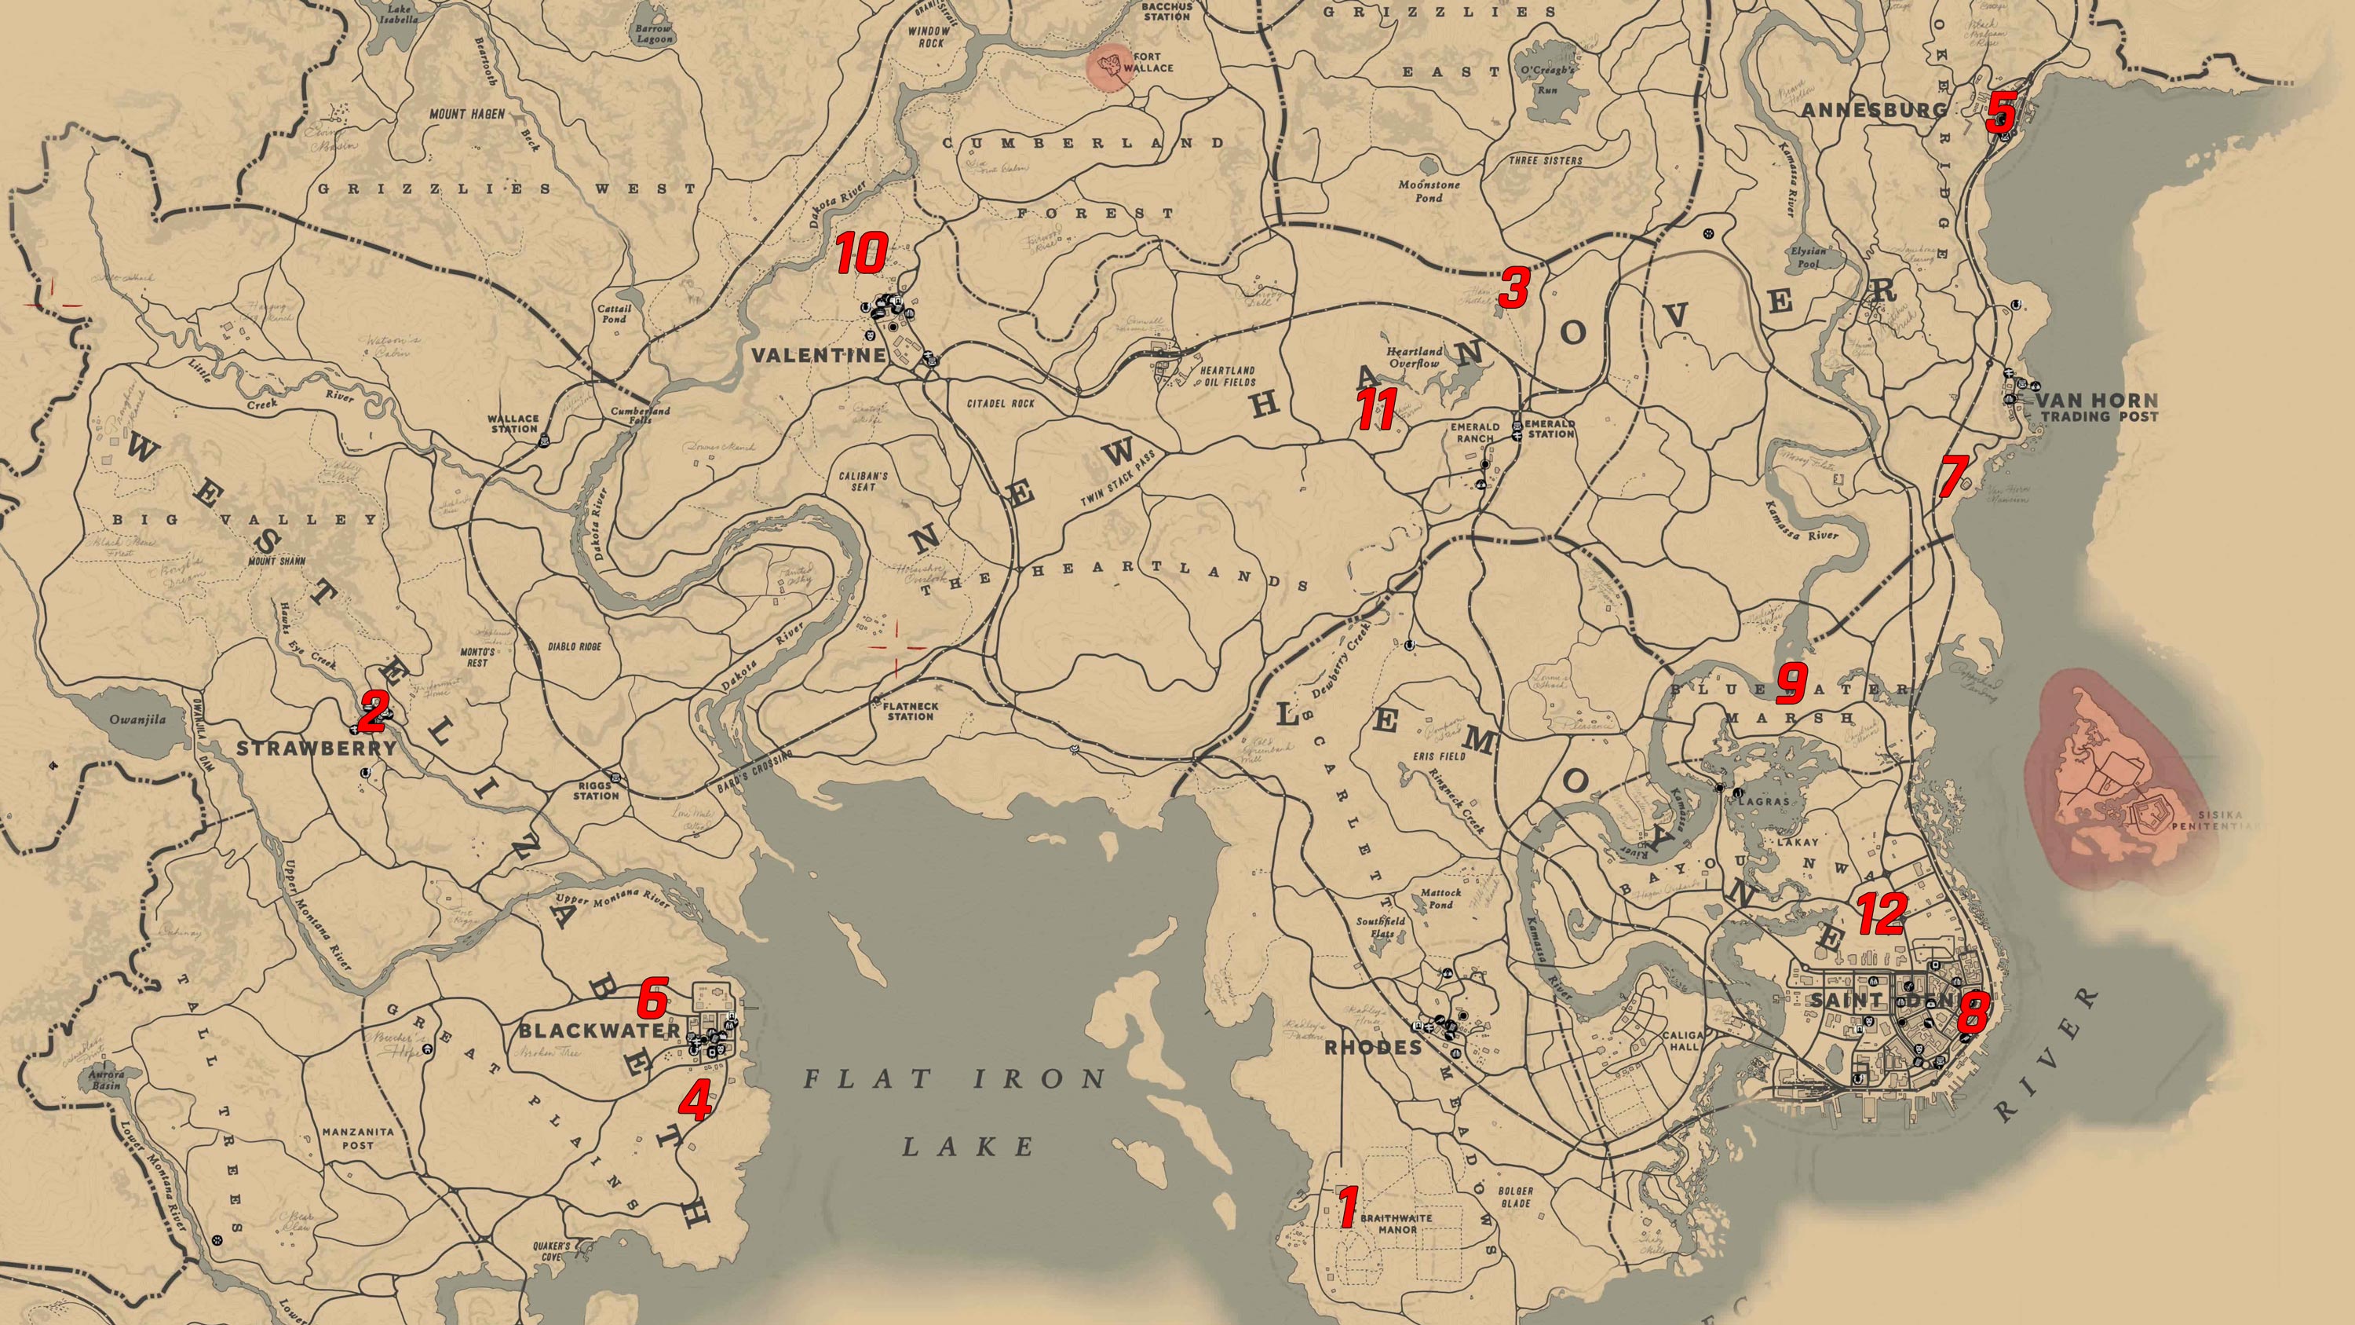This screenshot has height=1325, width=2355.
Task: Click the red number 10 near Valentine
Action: tap(861, 253)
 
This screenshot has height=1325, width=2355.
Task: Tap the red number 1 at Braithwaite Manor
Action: tap(1345, 1206)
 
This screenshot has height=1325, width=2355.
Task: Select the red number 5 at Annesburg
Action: tap(1999, 111)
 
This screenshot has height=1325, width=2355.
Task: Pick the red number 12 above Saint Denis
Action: tap(1882, 913)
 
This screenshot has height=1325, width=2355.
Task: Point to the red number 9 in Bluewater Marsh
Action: tap(1791, 683)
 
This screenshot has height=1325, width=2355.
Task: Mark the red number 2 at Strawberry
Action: tap(371, 712)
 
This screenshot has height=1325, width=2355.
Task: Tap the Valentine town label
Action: tap(818, 355)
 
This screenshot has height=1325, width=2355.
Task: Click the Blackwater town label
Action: tap(599, 1030)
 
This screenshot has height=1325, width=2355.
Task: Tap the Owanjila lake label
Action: tap(138, 719)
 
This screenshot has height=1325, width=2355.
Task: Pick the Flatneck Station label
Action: tap(911, 712)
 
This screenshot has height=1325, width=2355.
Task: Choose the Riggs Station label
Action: tap(596, 790)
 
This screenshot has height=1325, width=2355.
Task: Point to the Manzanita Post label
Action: tap(357, 1137)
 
